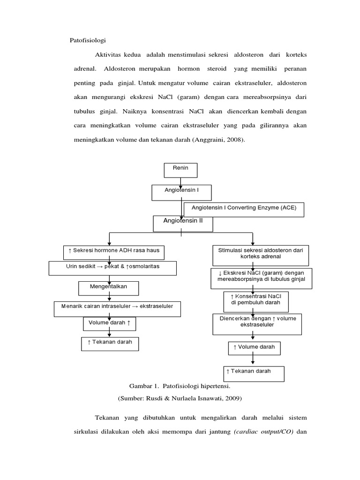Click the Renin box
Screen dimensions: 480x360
click(x=180, y=170)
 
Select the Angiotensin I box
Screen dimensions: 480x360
click(x=181, y=192)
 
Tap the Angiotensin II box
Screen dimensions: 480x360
click(x=183, y=223)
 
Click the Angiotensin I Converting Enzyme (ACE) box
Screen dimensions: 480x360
click(x=244, y=210)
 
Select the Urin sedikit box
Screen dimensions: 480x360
click(x=112, y=268)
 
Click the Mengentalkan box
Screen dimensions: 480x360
click(x=109, y=287)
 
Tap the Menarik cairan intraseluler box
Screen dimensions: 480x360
click(x=115, y=308)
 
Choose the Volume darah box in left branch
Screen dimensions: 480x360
click(x=110, y=324)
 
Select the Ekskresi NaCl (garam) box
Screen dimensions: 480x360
click(x=261, y=277)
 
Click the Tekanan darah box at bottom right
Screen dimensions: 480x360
click(x=255, y=373)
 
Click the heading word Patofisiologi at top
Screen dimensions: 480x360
click(x=88, y=40)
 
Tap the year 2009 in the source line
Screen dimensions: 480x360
click(x=232, y=398)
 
